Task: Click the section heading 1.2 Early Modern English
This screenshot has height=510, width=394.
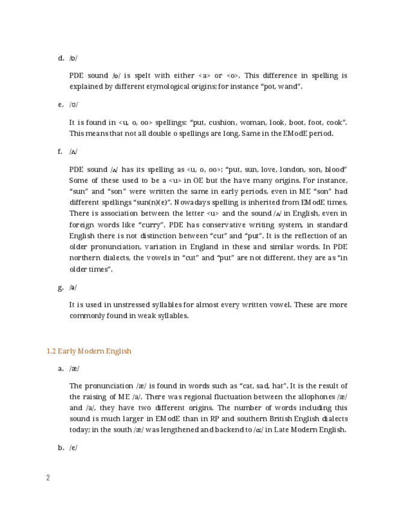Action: coord(88,351)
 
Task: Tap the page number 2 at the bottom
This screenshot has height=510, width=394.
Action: coord(48,478)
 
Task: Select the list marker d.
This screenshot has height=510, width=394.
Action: coord(61,58)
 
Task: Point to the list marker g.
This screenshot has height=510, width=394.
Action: coord(61,287)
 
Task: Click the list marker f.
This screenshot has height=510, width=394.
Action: coord(61,152)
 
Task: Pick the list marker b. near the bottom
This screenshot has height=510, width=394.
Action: coord(61,447)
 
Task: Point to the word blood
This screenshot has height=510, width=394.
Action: coord(332,170)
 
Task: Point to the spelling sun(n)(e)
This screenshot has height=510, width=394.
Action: coord(147,203)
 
